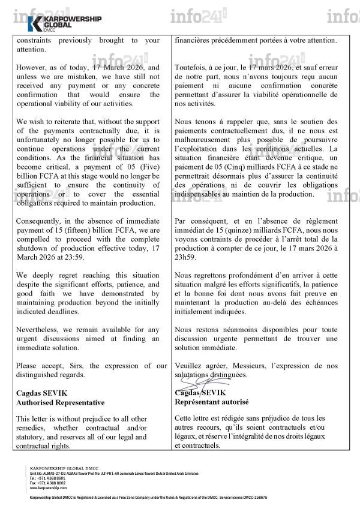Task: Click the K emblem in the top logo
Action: click(x=35, y=24)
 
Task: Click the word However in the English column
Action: click(x=34, y=68)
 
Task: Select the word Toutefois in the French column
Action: click(x=191, y=68)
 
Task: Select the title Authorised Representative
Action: click(x=55, y=402)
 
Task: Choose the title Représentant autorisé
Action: click(x=211, y=402)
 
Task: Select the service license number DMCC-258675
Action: click(x=252, y=498)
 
